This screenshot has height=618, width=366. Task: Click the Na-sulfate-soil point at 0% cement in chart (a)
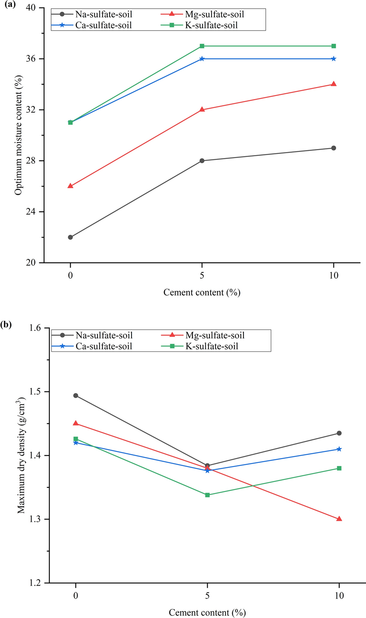point(70,237)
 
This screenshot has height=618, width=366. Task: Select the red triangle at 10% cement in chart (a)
point(333,84)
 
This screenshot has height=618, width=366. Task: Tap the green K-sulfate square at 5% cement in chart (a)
point(202,46)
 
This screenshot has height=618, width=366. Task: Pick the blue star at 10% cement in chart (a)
point(333,59)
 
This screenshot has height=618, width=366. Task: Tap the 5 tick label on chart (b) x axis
point(207,596)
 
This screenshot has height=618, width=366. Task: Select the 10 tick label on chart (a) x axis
point(333,275)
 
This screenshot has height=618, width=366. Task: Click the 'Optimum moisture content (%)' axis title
point(18,135)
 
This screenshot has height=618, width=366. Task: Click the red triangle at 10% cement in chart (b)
point(339,519)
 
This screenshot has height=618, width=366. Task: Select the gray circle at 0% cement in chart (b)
point(76,396)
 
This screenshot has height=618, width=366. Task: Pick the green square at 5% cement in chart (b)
point(207,495)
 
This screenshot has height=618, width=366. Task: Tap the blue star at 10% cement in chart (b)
point(339,449)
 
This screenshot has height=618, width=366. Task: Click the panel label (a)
point(8,5)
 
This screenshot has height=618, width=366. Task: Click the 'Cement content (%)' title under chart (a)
point(202,292)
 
